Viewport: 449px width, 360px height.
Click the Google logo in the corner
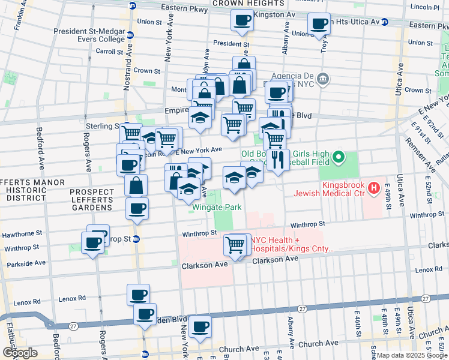(20, 353)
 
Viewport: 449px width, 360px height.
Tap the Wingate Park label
(217, 208)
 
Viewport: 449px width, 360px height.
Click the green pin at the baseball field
(338, 158)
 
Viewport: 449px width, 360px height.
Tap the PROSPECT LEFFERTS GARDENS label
(91, 200)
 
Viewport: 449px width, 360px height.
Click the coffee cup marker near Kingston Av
(243, 21)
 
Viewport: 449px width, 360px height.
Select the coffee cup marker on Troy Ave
(319, 25)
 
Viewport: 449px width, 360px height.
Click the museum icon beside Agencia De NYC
(323, 78)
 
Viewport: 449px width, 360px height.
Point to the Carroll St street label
(110, 52)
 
